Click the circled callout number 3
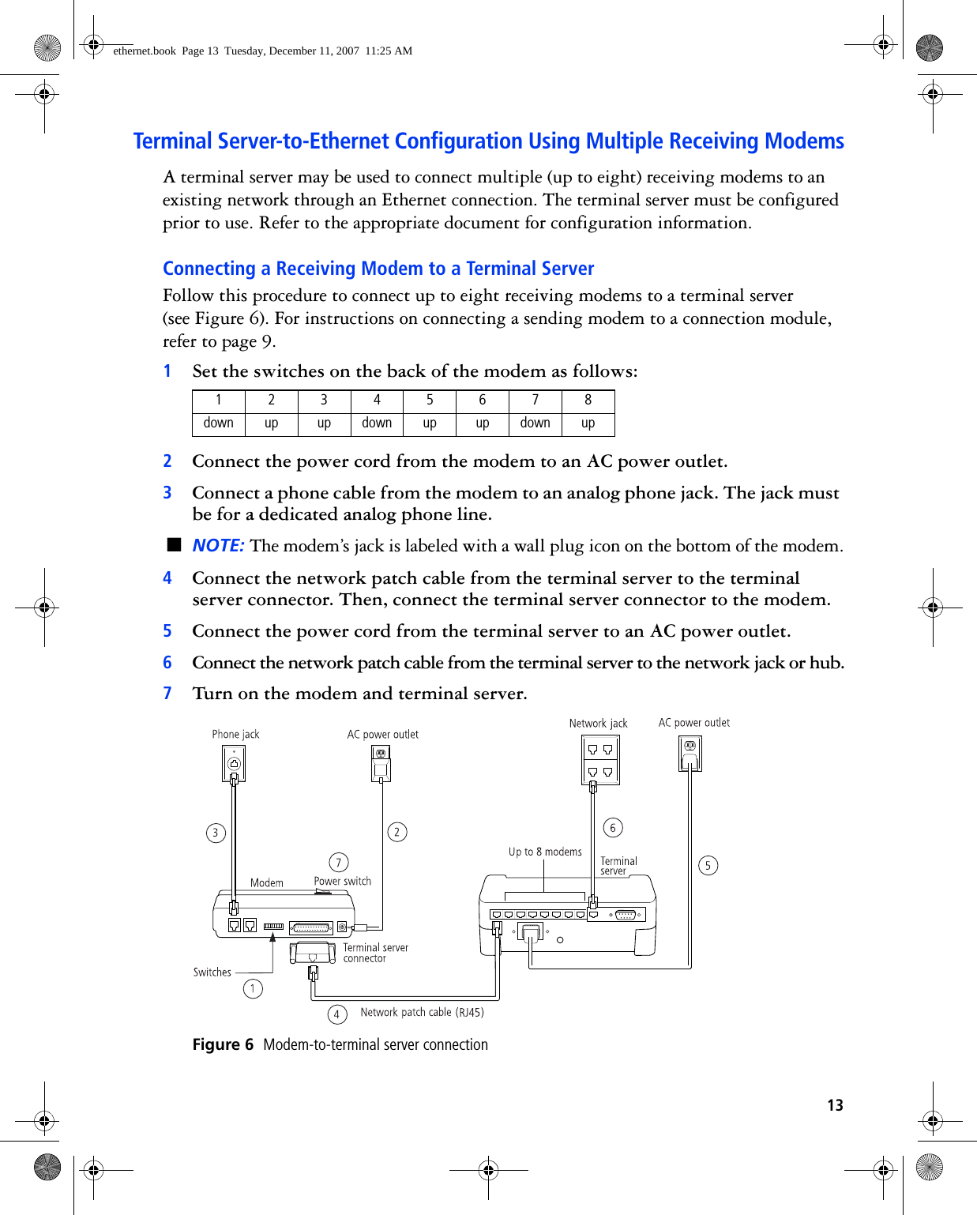click(x=216, y=833)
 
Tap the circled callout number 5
click(x=708, y=865)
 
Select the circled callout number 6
click(x=613, y=827)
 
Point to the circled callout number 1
click(x=253, y=988)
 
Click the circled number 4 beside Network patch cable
click(x=336, y=1014)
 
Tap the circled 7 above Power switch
click(x=338, y=862)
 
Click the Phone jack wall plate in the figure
click(x=234, y=763)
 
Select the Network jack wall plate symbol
click(x=600, y=759)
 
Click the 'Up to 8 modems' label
click(x=545, y=852)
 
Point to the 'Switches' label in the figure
click(x=212, y=972)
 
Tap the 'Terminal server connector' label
click(x=375, y=953)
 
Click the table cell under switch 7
click(x=535, y=423)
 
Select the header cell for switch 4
click(x=377, y=401)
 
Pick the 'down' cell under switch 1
click(x=219, y=423)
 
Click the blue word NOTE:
click(x=218, y=546)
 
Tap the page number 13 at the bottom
click(x=835, y=1105)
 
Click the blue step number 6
click(x=167, y=663)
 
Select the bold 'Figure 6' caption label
click(x=223, y=1044)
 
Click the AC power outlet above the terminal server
click(x=690, y=753)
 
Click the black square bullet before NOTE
click(x=175, y=544)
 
